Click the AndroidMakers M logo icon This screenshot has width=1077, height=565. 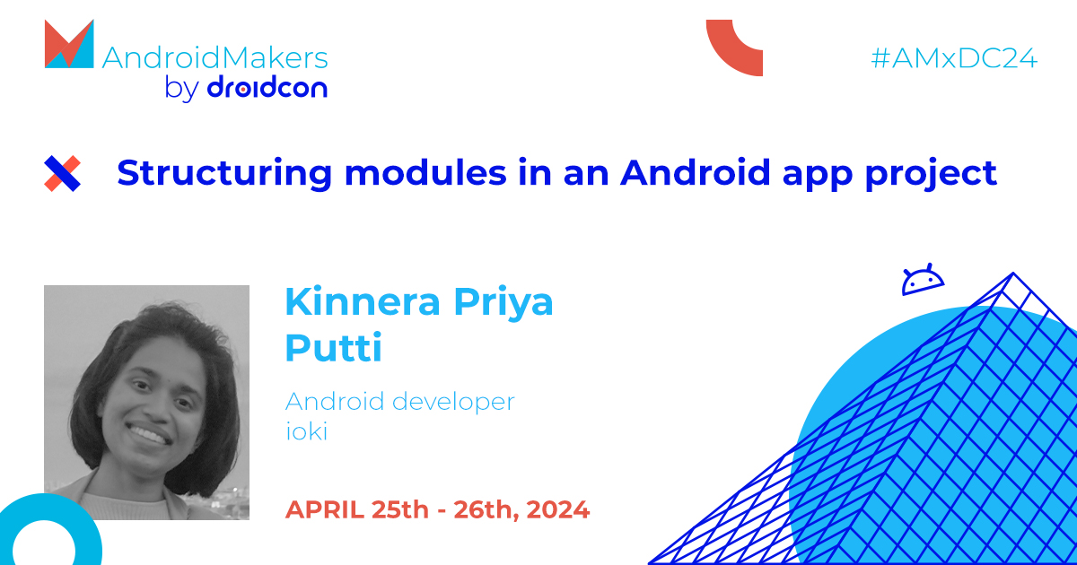69,44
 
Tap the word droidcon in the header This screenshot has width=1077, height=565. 267,88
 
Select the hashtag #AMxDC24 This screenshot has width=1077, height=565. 954,59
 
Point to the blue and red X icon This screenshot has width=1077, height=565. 63,173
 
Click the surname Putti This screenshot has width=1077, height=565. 333,348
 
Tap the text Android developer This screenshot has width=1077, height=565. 399,402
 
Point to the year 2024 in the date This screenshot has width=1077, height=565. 557,510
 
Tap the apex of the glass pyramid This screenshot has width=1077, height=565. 1012,276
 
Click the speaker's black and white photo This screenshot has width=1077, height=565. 146,403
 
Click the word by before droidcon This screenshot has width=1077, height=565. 181,89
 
